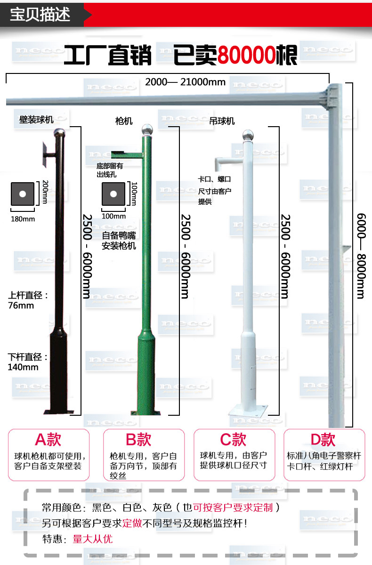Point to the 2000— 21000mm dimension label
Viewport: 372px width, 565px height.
pos(185,82)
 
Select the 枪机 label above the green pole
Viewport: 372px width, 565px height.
pos(124,121)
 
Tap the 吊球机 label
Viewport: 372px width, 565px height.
pos(222,121)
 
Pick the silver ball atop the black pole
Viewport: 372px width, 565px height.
pos(59,133)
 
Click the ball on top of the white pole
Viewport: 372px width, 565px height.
pos(245,134)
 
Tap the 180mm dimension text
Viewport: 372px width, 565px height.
pos(23,219)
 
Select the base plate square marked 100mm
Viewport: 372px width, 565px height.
pos(113,194)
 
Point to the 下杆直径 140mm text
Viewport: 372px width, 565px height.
pos(28,362)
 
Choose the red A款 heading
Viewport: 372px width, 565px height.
pos(48,440)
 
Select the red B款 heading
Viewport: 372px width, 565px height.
pos(138,440)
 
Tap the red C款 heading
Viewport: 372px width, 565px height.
pos(233,440)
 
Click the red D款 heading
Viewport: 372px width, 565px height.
pos(323,440)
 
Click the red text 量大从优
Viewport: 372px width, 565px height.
pos(93,539)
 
